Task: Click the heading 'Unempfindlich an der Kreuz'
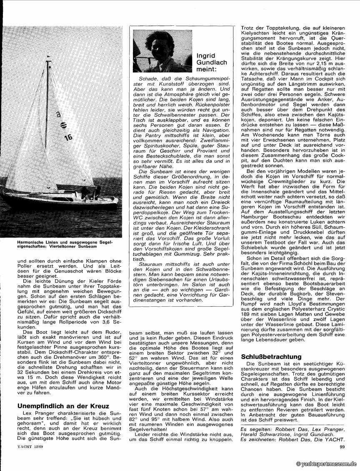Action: tap(63, 406)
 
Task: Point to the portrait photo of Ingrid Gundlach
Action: tap(162, 51)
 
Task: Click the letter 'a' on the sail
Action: tap(58, 113)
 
